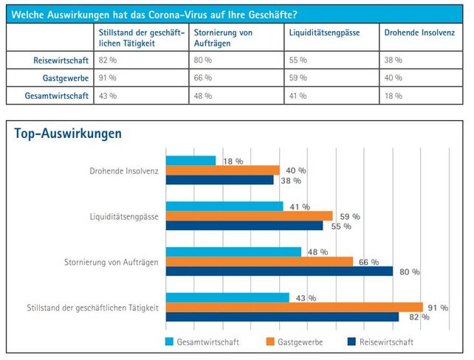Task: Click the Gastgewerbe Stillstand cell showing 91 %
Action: tap(108, 77)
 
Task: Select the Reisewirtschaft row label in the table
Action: tap(62, 59)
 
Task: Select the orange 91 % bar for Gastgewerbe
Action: tap(294, 307)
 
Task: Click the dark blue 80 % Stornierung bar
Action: tap(279, 271)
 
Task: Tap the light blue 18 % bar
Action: tap(190, 160)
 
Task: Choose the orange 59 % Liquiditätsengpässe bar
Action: tap(249, 215)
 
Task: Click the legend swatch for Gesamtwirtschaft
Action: tap(169, 342)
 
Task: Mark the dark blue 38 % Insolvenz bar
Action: tap(219, 179)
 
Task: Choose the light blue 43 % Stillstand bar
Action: tap(227, 297)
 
